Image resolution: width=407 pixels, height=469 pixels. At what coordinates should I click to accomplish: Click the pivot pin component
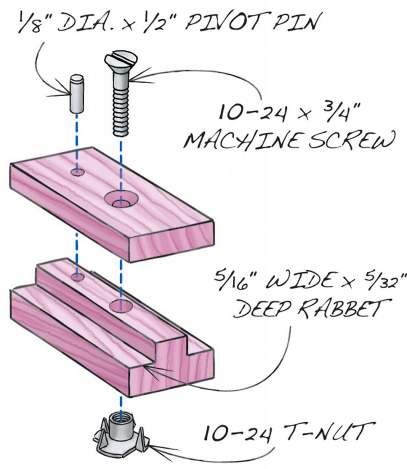pyautogui.click(x=77, y=94)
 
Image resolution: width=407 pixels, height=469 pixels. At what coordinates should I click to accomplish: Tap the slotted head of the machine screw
pyautogui.click(x=120, y=61)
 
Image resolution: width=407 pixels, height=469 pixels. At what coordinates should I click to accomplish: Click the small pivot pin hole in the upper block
pyautogui.click(x=77, y=172)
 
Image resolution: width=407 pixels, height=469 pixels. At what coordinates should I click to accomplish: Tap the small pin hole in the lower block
pyautogui.click(x=77, y=277)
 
